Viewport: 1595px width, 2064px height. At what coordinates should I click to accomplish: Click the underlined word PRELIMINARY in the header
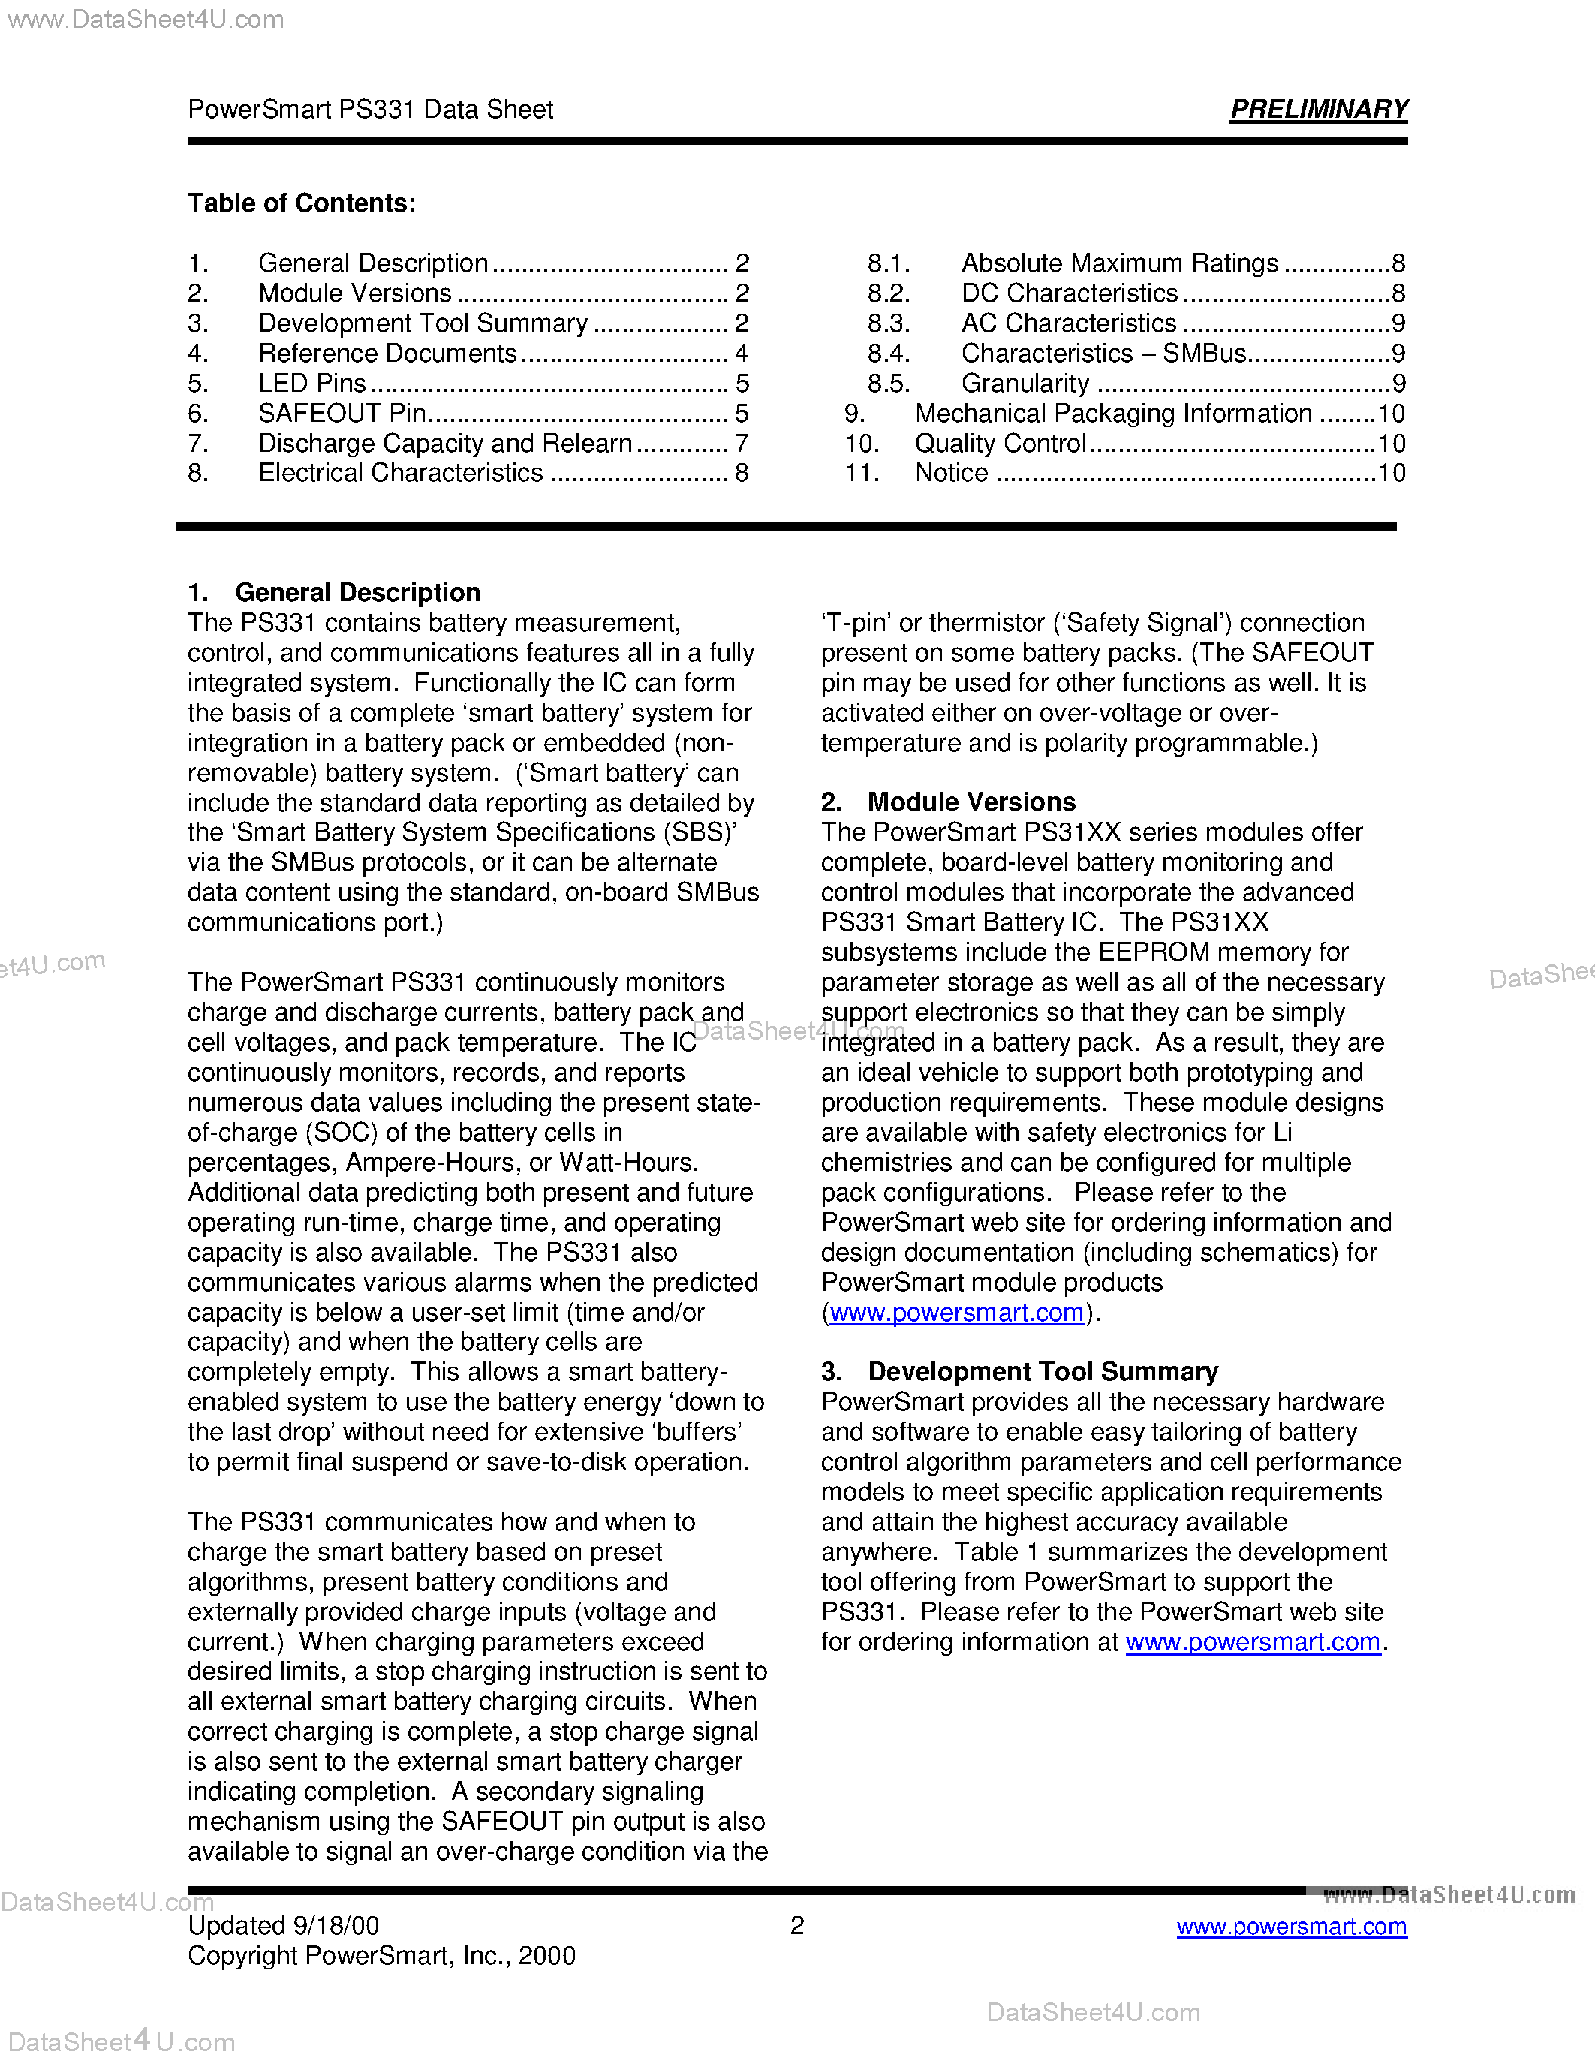1318,110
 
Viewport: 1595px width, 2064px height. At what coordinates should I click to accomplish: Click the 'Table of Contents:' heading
302,203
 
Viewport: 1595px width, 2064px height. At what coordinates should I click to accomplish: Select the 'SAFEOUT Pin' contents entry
342,413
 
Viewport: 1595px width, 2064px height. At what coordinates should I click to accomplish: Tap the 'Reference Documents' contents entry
387,354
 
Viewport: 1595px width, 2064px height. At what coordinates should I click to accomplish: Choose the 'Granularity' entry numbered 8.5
1025,384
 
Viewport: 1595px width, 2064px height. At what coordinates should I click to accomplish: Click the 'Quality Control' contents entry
1000,444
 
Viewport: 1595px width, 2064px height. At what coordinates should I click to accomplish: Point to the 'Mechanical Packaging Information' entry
1113,413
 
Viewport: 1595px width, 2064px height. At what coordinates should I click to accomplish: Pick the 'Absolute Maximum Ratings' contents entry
1119,263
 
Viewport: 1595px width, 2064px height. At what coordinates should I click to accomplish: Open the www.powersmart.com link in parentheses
956,1313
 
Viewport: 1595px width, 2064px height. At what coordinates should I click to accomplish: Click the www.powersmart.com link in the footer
1291,1926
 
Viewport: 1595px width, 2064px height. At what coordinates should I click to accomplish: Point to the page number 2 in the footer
796,1926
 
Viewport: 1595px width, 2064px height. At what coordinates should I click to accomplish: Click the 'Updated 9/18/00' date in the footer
284,1926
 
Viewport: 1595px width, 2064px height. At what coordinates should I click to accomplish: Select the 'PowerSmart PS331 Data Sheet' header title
370,110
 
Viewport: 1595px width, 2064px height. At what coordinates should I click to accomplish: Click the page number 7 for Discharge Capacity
742,444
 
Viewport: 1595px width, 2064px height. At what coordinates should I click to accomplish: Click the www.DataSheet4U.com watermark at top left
146,19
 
